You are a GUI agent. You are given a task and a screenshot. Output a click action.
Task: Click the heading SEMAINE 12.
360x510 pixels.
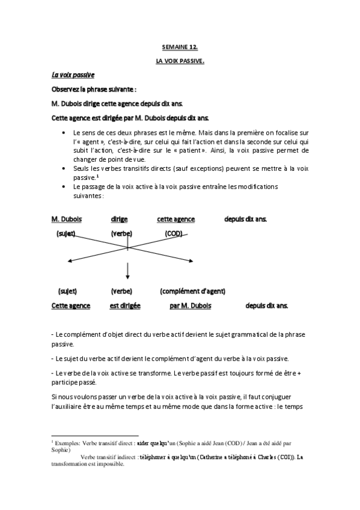[x=180, y=46]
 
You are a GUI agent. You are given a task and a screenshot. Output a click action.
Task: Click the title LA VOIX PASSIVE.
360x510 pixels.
[x=180, y=61]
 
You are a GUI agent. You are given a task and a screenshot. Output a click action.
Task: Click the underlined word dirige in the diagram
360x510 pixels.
[x=120, y=219]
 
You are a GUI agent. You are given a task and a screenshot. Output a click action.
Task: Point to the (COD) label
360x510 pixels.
[x=174, y=233]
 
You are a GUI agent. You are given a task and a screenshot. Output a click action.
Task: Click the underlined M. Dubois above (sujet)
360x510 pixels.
[x=67, y=219]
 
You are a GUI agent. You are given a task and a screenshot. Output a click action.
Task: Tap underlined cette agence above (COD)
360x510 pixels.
[x=174, y=219]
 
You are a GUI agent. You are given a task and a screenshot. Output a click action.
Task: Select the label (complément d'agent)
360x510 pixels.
[x=192, y=291]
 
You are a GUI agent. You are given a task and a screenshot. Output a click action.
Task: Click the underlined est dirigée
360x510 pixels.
[x=125, y=306]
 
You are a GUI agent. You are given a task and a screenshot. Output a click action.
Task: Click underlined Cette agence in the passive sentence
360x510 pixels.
[x=71, y=306]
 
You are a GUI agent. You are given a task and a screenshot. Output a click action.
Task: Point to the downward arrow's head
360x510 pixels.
[x=127, y=277]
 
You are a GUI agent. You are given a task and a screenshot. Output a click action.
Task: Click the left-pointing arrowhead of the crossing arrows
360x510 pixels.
[x=70, y=260]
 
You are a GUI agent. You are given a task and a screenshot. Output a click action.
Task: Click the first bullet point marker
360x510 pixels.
[x=64, y=132]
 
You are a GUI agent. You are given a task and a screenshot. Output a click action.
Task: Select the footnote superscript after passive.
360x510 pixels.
[x=97, y=176]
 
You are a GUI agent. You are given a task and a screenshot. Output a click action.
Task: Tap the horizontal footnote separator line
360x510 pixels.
[x=95, y=435]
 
